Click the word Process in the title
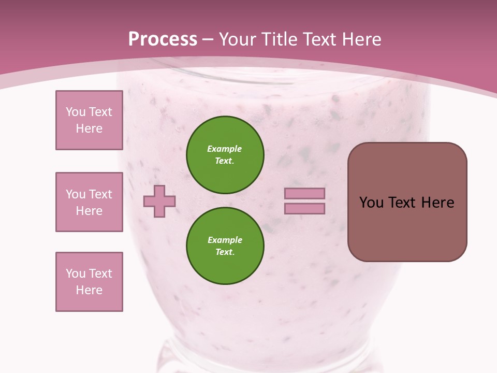pos(163,39)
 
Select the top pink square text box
pos(89,120)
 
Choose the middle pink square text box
pos(89,202)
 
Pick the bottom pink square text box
pos(89,282)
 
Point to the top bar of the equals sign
pos(304,194)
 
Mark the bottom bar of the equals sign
pos(304,209)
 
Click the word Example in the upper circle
pos(225,149)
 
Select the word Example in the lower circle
pos(225,240)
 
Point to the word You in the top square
pos(75,112)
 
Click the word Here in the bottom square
pos(89,290)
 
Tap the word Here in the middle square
pos(89,211)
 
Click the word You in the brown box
pos(371,203)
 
